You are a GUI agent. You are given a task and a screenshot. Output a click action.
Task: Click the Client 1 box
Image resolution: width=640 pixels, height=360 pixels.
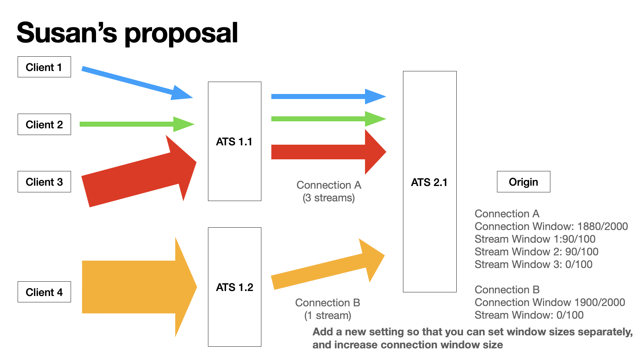pos(44,67)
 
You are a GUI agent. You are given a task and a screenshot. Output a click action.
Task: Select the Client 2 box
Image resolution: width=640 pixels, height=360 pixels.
pos(44,124)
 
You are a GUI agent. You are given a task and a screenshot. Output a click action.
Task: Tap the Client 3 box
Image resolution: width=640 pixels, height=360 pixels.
pos(44,182)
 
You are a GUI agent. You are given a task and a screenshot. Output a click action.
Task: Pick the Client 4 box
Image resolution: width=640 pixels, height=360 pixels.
pos(44,292)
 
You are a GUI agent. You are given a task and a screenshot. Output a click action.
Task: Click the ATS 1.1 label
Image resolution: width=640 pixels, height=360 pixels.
pos(234,142)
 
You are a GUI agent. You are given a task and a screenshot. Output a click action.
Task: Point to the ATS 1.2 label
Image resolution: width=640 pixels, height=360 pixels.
pos(234,287)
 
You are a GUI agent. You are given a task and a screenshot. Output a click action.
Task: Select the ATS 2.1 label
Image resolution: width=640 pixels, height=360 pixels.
pos(429,182)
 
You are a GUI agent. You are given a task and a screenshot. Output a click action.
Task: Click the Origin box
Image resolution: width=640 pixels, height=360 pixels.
pos(523,182)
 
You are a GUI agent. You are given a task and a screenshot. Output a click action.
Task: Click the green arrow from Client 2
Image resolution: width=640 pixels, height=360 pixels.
pos(133,124)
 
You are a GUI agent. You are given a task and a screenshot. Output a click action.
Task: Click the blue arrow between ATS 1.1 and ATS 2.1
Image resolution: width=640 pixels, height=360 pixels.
pos(327,97)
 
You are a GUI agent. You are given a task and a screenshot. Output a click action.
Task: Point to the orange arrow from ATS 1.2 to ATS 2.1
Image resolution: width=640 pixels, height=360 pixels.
pos(327,268)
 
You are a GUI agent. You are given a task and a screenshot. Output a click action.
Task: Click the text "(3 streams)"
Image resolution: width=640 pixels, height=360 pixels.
pos(329,198)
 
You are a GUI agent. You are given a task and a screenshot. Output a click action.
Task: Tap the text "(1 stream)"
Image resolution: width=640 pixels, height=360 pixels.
pos(328,315)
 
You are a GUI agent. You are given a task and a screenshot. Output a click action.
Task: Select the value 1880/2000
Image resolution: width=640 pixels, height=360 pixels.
pos(602,226)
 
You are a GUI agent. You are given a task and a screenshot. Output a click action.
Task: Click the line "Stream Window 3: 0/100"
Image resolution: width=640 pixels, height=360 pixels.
pos(533,264)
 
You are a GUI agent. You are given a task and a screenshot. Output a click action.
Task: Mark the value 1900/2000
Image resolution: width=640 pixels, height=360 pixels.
pos(600,302)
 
